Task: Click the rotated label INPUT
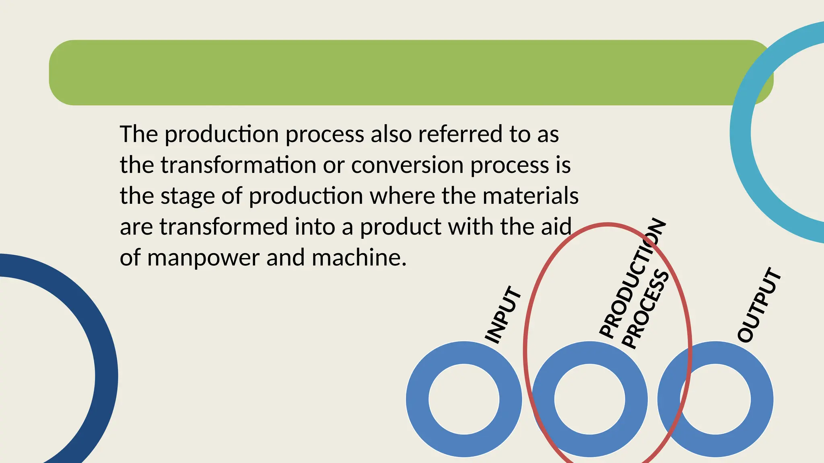[503, 315]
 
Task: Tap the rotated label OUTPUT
[759, 305]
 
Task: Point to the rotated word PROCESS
[645, 309]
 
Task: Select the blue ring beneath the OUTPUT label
[762, 399]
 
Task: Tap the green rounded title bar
[402, 72]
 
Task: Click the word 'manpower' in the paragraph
[203, 258]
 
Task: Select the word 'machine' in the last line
[356, 258]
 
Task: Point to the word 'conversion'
[407, 165]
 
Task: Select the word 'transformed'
[224, 227]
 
